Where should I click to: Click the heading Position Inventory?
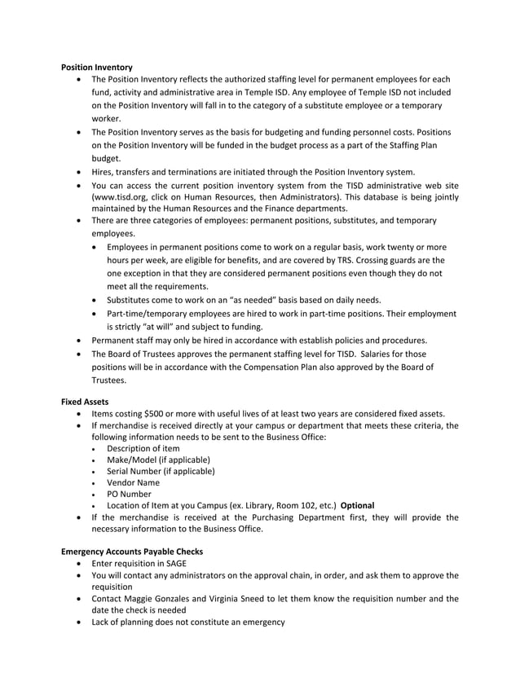point(97,65)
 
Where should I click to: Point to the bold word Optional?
point(358,505)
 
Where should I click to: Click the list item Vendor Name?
point(133,482)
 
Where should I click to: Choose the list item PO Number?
point(129,494)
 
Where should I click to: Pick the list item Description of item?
point(143,448)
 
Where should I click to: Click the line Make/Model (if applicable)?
point(158,460)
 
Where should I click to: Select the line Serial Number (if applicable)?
point(161,471)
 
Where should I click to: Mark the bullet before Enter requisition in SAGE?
point(78,563)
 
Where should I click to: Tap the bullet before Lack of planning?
point(78,622)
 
